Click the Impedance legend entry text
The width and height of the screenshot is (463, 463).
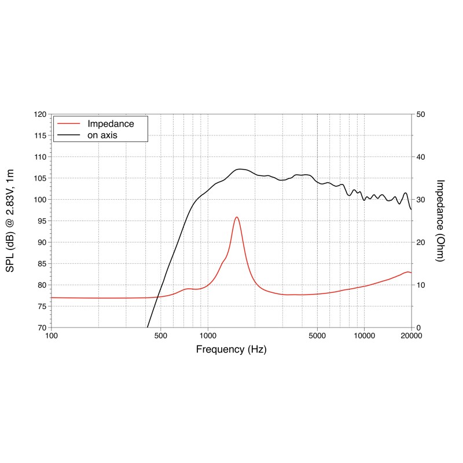(x=111, y=124)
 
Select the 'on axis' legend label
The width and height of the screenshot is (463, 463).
(x=103, y=135)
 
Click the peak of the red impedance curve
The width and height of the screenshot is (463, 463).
(x=237, y=217)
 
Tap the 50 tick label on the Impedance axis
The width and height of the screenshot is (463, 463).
(x=421, y=115)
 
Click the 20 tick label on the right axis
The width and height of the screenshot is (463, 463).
(x=421, y=242)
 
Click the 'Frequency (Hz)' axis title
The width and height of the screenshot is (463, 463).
(x=231, y=350)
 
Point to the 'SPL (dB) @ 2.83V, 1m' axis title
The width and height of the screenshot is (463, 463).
(x=16, y=221)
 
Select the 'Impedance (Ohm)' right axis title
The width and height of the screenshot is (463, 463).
(x=440, y=221)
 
